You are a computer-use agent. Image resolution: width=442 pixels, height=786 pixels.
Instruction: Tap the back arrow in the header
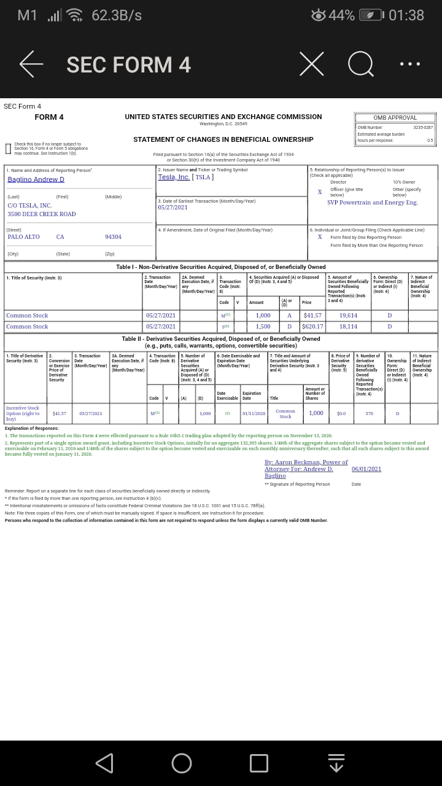click(31, 64)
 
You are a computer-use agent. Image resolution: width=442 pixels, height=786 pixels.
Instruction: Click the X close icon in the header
click(311, 64)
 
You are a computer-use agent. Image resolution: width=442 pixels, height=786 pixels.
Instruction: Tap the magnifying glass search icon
click(360, 64)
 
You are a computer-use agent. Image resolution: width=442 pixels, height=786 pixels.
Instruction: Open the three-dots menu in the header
click(409, 64)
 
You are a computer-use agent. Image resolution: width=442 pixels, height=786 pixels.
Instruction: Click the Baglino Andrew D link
click(36, 179)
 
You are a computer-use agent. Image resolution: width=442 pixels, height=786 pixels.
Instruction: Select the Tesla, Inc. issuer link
click(174, 177)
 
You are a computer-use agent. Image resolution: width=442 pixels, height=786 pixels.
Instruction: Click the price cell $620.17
click(312, 327)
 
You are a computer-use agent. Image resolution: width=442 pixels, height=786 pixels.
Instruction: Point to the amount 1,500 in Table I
click(263, 327)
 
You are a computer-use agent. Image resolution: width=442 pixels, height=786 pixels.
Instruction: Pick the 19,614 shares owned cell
click(348, 316)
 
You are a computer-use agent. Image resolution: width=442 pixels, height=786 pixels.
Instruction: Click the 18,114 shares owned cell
click(348, 327)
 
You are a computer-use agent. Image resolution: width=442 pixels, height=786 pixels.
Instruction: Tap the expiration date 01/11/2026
click(254, 413)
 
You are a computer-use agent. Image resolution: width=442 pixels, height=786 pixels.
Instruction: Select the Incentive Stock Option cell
click(23, 413)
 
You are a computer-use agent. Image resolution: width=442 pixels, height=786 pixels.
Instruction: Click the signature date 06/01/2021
click(366, 469)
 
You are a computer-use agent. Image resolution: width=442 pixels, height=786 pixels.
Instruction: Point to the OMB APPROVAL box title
click(395, 118)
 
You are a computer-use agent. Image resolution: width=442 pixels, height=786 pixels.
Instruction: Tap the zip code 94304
click(113, 237)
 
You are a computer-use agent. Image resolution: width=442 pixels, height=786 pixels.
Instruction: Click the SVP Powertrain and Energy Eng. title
click(372, 203)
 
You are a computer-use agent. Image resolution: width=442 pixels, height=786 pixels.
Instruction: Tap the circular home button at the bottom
click(182, 763)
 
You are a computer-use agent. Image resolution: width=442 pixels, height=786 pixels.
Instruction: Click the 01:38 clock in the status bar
click(406, 15)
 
